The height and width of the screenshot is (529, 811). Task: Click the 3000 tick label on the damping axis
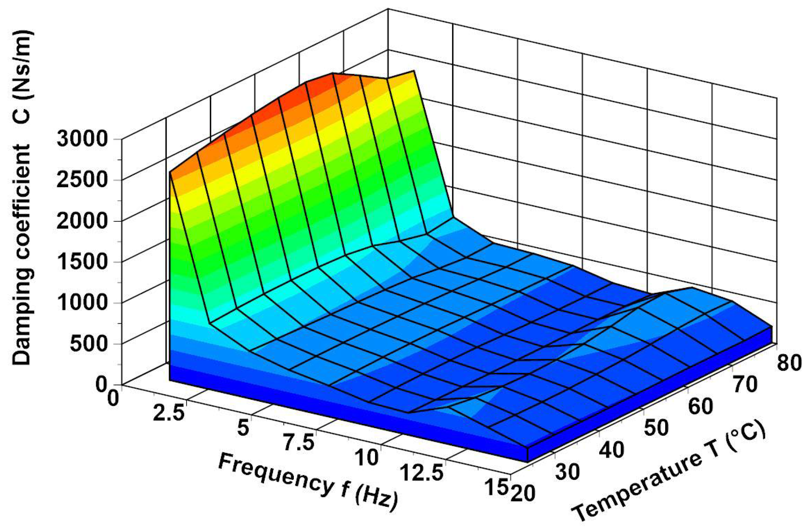point(82,139)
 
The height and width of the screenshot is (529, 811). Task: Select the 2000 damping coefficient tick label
point(82,221)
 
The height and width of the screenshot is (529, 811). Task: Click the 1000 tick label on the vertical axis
point(82,303)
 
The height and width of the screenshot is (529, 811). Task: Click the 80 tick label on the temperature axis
point(789,363)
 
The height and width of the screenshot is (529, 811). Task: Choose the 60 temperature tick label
point(701,407)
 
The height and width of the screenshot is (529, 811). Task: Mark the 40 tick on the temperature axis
point(612,450)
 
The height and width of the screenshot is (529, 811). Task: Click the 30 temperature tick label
point(567,472)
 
